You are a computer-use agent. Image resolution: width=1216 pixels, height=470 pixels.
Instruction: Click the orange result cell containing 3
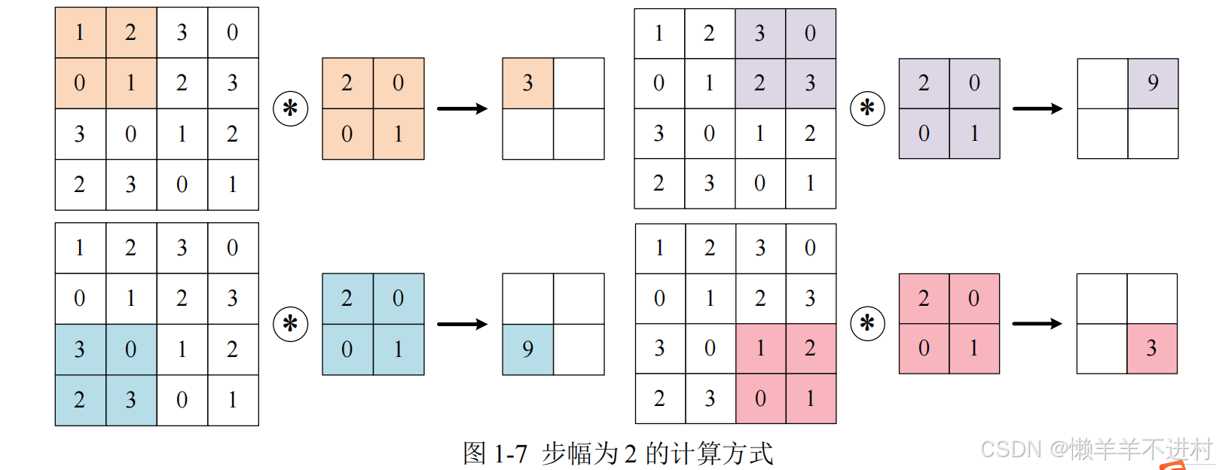click(x=527, y=83)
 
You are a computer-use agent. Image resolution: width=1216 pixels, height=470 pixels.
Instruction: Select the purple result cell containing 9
click(x=1153, y=83)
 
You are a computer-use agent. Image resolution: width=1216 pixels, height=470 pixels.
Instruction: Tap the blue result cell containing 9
click(x=527, y=349)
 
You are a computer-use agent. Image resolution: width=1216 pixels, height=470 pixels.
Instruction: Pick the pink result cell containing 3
click(x=1151, y=348)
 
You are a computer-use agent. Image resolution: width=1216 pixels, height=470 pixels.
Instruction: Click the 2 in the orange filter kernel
click(x=347, y=83)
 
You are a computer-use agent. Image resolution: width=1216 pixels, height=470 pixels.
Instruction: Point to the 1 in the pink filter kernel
click(x=974, y=348)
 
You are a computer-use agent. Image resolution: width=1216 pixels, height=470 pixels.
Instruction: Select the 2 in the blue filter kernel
click(x=347, y=298)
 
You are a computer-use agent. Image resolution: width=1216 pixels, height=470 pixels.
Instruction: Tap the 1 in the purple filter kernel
click(x=974, y=133)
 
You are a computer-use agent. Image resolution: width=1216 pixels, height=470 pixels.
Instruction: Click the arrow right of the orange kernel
click(x=463, y=108)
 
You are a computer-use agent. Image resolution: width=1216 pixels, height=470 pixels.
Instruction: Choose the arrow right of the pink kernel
click(x=1037, y=324)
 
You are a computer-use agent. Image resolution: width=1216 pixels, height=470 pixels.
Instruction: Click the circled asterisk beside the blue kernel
click(x=290, y=324)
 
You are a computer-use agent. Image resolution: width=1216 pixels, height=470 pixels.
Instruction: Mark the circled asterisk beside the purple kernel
click(x=867, y=108)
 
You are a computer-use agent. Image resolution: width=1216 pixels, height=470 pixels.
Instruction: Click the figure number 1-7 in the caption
click(x=510, y=453)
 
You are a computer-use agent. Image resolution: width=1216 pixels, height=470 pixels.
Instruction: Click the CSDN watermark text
click(x=1011, y=450)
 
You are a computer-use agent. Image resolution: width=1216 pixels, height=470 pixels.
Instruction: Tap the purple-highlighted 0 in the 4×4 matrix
click(x=810, y=33)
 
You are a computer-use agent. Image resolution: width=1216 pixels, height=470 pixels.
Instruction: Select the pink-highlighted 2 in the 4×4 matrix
click(x=810, y=348)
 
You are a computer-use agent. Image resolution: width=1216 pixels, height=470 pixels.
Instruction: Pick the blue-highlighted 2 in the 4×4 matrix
click(x=79, y=399)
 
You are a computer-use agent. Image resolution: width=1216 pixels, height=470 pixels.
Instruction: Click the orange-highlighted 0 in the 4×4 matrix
click(x=79, y=83)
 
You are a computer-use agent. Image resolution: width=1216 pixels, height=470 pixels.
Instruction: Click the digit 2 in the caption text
click(x=630, y=453)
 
